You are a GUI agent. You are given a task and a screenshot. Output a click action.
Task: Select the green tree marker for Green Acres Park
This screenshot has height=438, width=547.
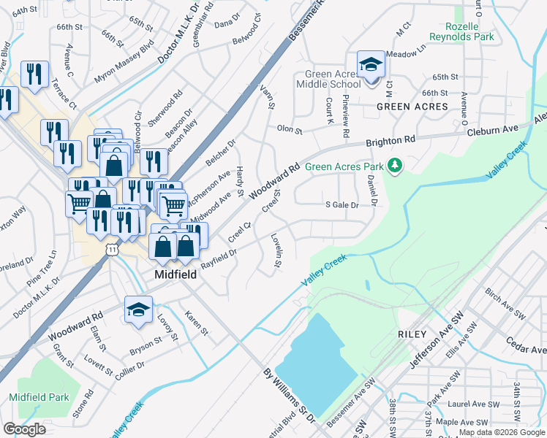(395, 166)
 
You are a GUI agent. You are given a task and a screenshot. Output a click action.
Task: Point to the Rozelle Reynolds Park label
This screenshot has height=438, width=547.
(461, 31)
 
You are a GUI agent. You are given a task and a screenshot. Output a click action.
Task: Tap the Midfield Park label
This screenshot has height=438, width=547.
(39, 398)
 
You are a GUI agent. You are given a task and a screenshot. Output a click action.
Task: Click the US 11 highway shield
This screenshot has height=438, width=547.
(112, 250)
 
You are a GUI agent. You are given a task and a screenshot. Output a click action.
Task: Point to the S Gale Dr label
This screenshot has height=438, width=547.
(342, 206)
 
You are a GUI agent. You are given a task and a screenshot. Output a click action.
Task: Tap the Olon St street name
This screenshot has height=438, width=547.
(290, 130)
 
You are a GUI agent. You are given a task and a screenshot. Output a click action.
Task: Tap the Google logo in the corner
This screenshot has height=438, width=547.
(24, 429)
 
